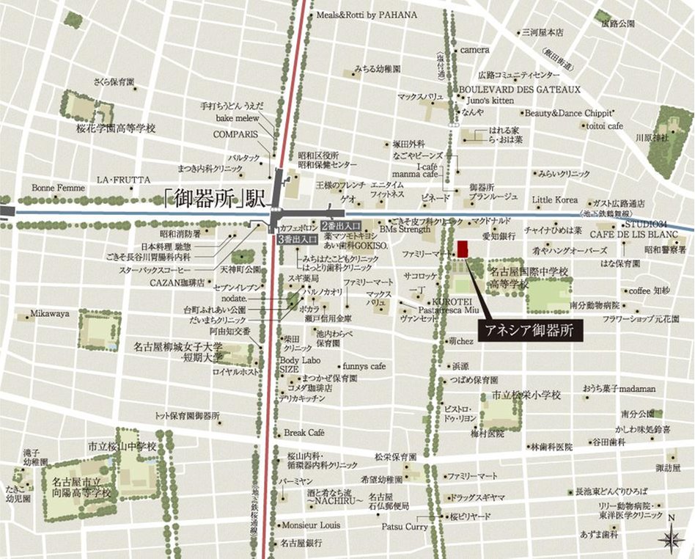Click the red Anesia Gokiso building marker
[463, 249]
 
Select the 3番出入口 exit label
[298, 238]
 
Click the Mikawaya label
[50, 313]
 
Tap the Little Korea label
[555, 200]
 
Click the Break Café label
[304, 432]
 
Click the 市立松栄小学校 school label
[526, 395]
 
